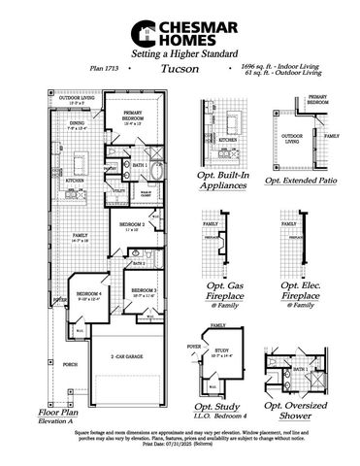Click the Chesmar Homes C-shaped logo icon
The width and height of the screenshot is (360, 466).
142,33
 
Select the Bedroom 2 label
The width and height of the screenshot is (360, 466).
132,225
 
